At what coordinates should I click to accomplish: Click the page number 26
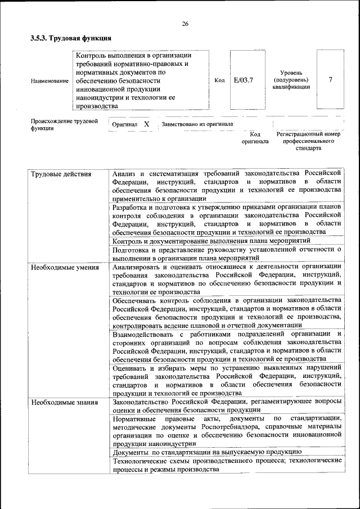click(x=185, y=23)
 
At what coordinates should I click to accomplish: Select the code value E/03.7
click(x=243, y=80)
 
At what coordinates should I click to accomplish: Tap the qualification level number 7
click(x=330, y=80)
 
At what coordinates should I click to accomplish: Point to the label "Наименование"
click(x=49, y=80)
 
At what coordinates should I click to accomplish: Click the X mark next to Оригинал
click(x=146, y=124)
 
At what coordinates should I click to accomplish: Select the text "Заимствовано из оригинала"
click(x=197, y=124)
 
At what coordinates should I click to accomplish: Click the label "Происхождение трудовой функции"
click(x=64, y=124)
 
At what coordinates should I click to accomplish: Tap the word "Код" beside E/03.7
click(x=220, y=80)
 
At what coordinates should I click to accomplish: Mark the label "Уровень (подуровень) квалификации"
click(x=291, y=80)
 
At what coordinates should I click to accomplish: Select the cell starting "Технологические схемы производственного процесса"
click(x=227, y=465)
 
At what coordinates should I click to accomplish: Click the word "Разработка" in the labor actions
click(x=131, y=207)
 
